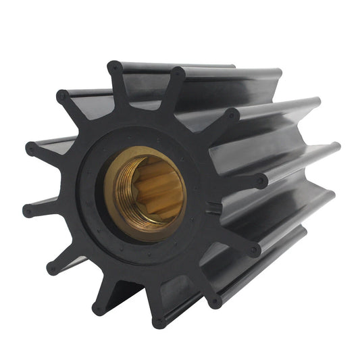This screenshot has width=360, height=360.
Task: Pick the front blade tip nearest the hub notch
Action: coord(261,181)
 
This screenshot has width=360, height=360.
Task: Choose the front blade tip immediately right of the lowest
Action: coord(215,298)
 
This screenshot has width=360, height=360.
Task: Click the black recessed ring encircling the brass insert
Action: coord(91,203)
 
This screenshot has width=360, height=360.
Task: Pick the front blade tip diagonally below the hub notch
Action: coord(253,251)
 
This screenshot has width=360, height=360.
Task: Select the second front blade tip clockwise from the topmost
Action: coord(232,115)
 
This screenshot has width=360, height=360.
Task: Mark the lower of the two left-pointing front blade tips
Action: coord(28,211)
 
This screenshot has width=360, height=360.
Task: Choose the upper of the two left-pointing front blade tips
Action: coord(31,148)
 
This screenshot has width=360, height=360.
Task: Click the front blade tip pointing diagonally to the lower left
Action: coord(52,268)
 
